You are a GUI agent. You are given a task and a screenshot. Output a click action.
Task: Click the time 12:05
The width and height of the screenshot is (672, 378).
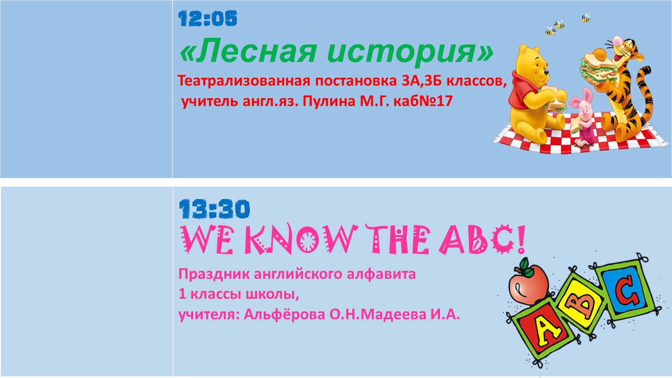(x=207, y=18)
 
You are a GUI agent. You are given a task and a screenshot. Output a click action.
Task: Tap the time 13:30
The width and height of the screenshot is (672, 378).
(x=214, y=209)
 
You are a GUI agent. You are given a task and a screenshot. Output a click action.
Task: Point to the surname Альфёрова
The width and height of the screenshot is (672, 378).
(x=285, y=314)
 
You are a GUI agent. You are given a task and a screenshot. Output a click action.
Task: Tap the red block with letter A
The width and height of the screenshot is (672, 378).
(x=542, y=331)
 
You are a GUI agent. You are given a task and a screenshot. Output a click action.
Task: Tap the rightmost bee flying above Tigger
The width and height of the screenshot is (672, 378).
(x=586, y=18)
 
